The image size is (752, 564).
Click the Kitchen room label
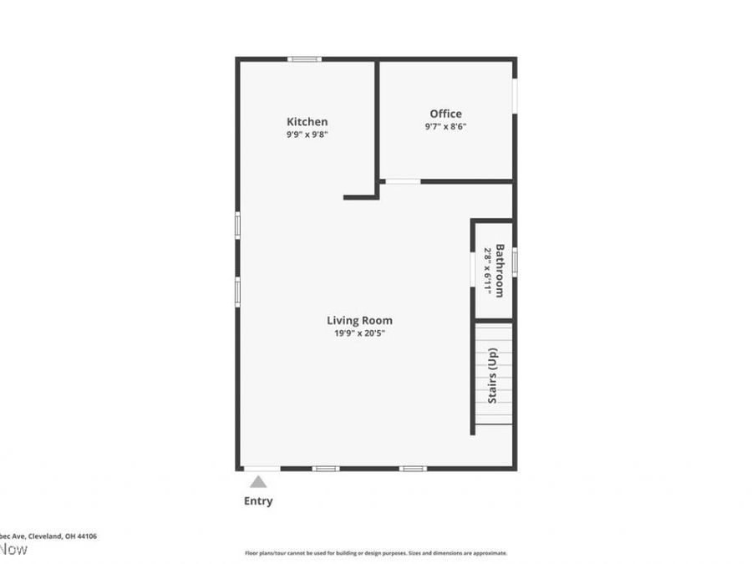pyautogui.click(x=307, y=122)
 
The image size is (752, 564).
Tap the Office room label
pyautogui.click(x=445, y=114)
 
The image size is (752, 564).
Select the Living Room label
pyautogui.click(x=359, y=320)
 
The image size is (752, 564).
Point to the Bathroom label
pyautogui.click(x=500, y=270)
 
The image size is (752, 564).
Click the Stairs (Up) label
pyautogui.click(x=493, y=375)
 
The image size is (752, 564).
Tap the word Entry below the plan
pyautogui.click(x=258, y=501)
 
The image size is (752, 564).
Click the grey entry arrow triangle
pyautogui.click(x=258, y=481)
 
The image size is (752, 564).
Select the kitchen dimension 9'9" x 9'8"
pyautogui.click(x=307, y=134)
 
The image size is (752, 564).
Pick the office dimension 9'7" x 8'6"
pyautogui.click(x=445, y=127)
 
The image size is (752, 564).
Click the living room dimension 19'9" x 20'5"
pyautogui.click(x=359, y=333)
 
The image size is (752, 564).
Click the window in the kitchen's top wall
pyautogui.click(x=305, y=58)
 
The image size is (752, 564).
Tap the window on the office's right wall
pyautogui.click(x=515, y=94)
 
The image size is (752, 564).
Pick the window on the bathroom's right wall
pyautogui.click(x=515, y=262)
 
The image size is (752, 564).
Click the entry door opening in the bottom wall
pyautogui.click(x=262, y=469)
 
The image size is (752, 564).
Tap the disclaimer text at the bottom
pyautogui.click(x=375, y=553)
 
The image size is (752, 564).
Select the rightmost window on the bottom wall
pyautogui.click(x=413, y=469)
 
